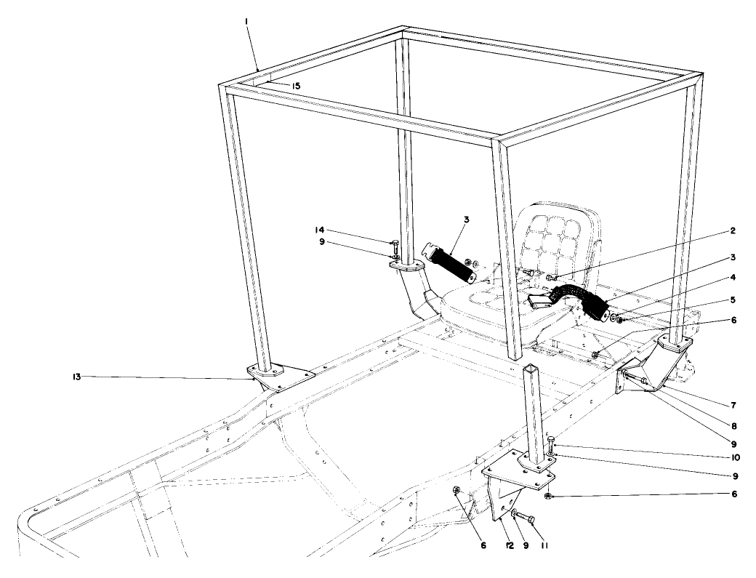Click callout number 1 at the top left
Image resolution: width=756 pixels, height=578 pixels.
tap(248, 23)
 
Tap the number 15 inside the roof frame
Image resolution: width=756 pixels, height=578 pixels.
tap(295, 86)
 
